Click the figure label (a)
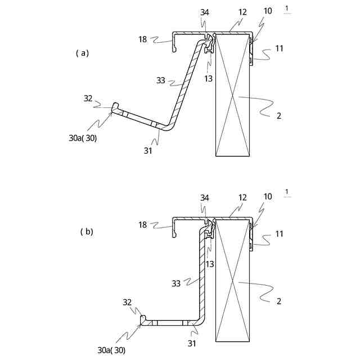(x=82, y=53)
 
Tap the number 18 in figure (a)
(x=143, y=39)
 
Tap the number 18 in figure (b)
(x=143, y=225)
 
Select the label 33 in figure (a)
(x=161, y=81)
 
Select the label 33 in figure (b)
(x=176, y=283)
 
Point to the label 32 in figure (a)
(x=88, y=98)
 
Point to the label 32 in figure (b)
(x=127, y=302)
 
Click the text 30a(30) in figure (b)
(x=111, y=350)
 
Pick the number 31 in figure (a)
(x=148, y=150)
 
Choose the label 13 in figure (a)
(x=209, y=79)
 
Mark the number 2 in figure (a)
(x=279, y=116)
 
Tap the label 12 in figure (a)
(x=242, y=11)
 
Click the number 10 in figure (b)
(x=267, y=196)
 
